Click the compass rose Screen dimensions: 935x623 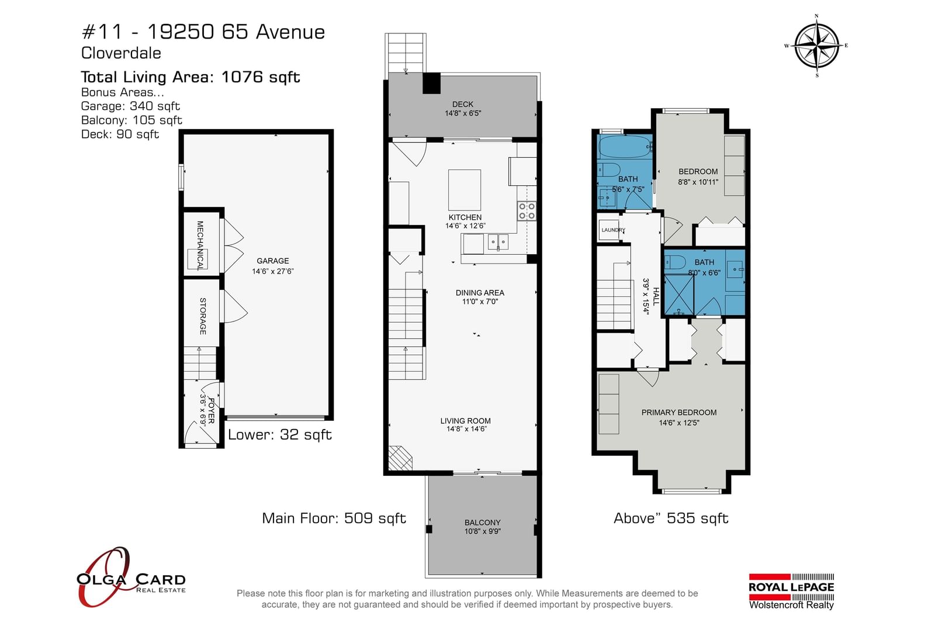(x=816, y=46)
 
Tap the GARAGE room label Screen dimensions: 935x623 (x=272, y=261)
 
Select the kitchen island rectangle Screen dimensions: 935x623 (x=464, y=190)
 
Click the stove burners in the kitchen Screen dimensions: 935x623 (x=527, y=211)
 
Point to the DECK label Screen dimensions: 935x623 (x=463, y=105)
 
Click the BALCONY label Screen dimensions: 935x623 (x=482, y=522)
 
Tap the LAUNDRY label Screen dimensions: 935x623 (x=613, y=230)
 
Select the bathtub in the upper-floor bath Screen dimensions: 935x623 (x=625, y=147)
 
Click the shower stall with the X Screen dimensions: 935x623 (x=678, y=295)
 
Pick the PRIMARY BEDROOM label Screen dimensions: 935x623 (x=678, y=413)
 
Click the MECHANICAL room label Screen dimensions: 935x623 (x=200, y=245)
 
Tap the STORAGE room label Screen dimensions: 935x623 (x=202, y=316)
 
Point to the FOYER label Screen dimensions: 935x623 (x=212, y=411)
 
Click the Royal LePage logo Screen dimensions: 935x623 (x=791, y=591)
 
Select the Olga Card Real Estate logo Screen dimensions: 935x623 (x=131, y=577)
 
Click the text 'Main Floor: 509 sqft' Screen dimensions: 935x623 (x=334, y=518)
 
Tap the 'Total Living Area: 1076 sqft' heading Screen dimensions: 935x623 (x=191, y=77)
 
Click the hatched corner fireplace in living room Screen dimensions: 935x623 (x=400, y=458)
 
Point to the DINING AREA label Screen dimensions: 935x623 (x=480, y=293)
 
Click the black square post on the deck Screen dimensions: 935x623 (x=432, y=83)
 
